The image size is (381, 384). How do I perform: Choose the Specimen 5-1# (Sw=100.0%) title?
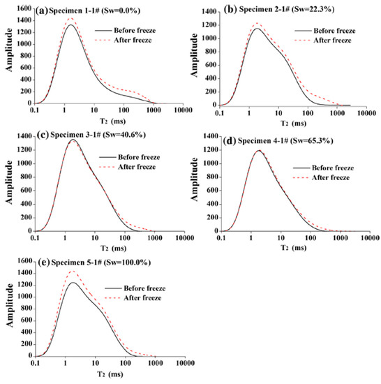(91, 262)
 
